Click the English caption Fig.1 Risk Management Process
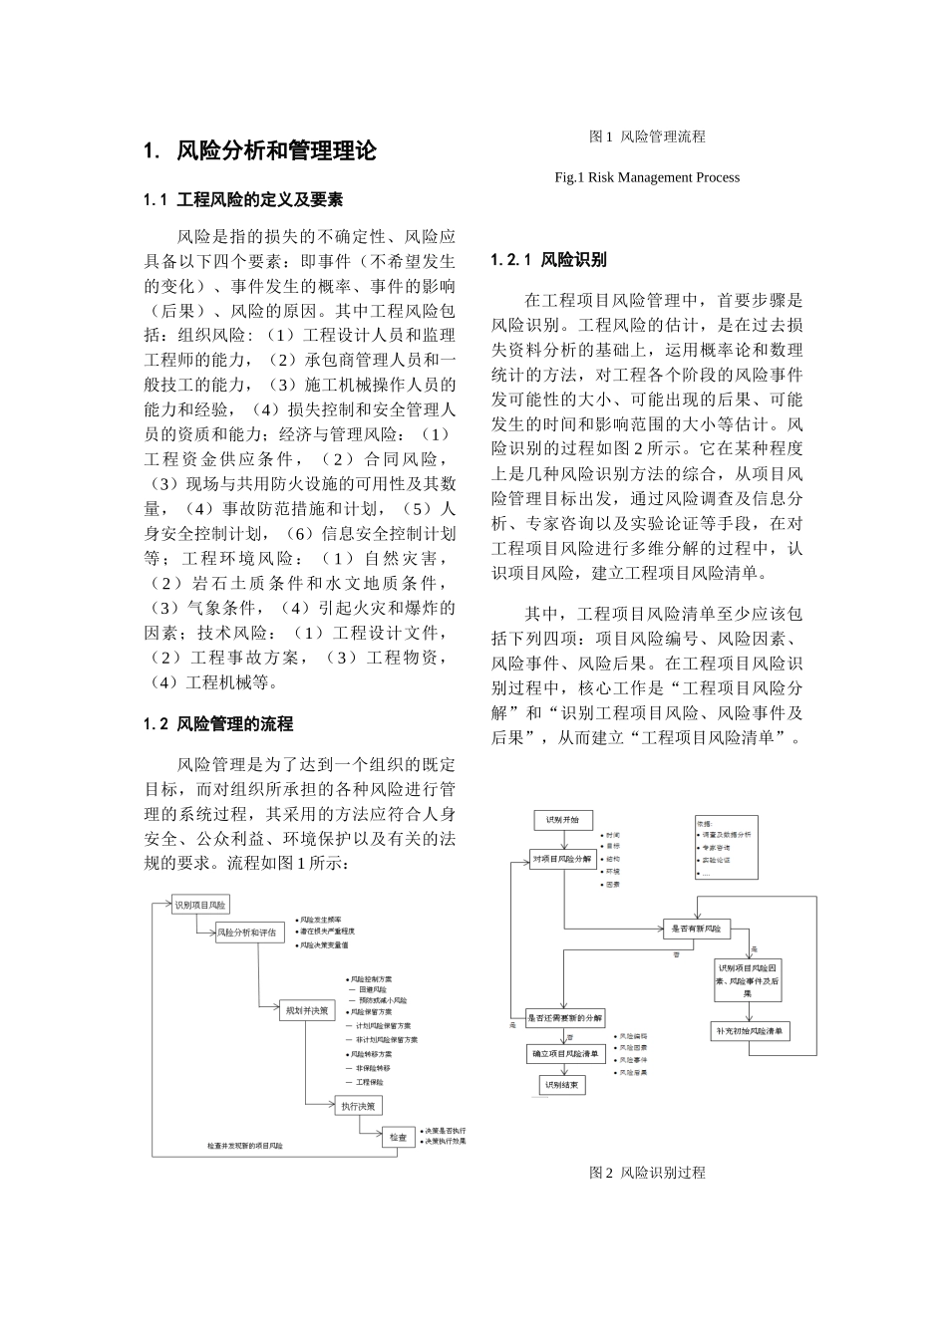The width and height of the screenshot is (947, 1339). tap(647, 177)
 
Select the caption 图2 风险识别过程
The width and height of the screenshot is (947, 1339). tap(647, 1173)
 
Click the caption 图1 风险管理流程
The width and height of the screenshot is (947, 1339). tap(647, 135)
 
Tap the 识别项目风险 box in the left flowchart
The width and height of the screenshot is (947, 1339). tap(200, 906)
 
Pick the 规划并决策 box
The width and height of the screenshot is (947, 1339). tap(306, 1010)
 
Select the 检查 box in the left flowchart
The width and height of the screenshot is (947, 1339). tap(399, 1137)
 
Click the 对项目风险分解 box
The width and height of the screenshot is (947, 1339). tap(562, 858)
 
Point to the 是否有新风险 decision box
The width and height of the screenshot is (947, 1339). tap(697, 929)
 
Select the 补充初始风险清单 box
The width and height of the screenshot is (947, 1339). tap(751, 1031)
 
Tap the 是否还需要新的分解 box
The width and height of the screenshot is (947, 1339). tap(565, 1018)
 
